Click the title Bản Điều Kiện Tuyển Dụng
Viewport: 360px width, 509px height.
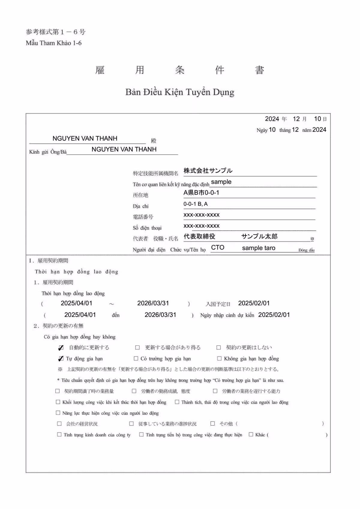point(180,92)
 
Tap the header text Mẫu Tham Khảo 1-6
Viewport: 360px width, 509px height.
point(54,43)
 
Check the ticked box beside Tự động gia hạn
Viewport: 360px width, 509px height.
point(61,359)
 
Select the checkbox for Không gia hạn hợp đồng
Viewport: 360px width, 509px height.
point(219,359)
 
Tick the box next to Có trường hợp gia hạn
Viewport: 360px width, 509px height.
point(136,359)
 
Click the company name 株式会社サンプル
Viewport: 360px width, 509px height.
point(208,171)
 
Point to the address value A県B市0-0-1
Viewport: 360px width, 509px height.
point(201,193)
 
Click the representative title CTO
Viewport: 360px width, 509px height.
point(217,248)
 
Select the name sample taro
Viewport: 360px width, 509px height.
point(259,248)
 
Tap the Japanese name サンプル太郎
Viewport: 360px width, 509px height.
point(259,237)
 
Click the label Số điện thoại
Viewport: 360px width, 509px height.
point(147,228)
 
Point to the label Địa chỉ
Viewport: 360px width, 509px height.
point(141,206)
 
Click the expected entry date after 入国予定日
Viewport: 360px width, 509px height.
point(254,303)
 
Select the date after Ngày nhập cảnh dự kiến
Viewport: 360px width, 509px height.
point(274,315)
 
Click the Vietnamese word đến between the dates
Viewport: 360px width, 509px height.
point(116,315)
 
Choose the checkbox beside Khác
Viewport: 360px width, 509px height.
point(251,434)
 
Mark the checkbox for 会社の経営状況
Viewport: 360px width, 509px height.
point(59,424)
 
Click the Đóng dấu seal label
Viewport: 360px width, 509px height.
point(306,250)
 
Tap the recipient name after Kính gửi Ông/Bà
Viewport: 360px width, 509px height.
point(124,149)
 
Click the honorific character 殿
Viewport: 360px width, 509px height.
point(154,141)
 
